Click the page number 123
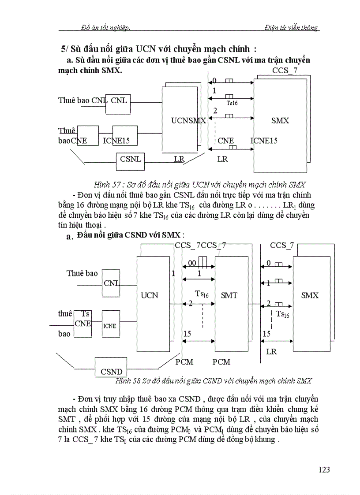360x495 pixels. (324, 470)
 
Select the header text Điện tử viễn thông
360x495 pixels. (291, 27)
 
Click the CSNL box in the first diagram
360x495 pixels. (131, 159)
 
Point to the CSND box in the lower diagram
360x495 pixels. (111, 371)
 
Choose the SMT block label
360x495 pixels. (229, 295)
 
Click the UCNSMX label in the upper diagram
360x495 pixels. (188, 120)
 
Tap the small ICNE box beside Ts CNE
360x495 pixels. (110, 326)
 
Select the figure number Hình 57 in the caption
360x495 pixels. (108, 184)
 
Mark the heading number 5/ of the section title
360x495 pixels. (66, 49)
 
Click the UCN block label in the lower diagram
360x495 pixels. (149, 295)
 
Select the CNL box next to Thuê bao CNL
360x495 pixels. (119, 100)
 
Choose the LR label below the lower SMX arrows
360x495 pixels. (271, 352)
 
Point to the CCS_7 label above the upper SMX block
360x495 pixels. (284, 71)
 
